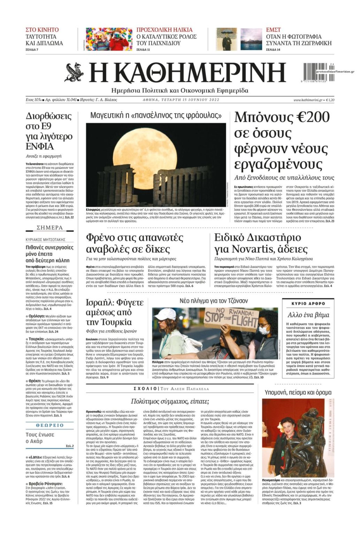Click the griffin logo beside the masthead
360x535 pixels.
(x=74, y=72)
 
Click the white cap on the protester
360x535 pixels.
(x=165, y=315)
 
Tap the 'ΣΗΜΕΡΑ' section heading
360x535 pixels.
(x=50, y=228)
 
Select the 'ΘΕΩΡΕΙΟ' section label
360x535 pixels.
(x=50, y=425)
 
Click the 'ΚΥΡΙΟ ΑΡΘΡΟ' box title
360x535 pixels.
(x=308, y=303)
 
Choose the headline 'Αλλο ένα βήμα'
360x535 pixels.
(x=308, y=315)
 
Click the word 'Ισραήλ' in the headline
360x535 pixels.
(x=100, y=302)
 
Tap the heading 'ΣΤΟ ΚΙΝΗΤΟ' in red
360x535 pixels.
(x=42, y=30)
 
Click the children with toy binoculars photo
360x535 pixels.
(x=109, y=39)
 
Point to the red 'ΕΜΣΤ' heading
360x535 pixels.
(x=273, y=30)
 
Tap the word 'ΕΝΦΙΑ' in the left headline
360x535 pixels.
(x=40, y=146)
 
